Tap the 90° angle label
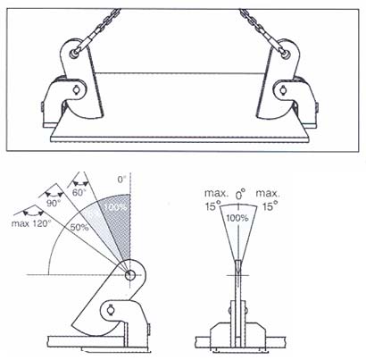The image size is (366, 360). [x=54, y=204]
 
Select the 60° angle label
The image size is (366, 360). [x=79, y=192]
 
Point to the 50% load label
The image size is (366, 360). [x=79, y=228]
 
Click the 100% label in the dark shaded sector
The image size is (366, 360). [x=116, y=207]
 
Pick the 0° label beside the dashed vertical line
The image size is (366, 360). [x=122, y=180]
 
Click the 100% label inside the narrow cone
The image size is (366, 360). [x=237, y=218]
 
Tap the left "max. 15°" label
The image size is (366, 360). [x=216, y=200]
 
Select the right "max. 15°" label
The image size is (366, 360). [x=268, y=200]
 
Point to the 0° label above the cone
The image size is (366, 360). [x=240, y=195]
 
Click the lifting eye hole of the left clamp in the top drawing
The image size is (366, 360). [x=73, y=54]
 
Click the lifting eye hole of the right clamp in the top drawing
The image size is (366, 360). [x=286, y=54]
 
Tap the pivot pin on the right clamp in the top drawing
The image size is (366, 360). [x=282, y=88]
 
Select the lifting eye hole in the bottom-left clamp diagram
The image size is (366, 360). [x=130, y=275]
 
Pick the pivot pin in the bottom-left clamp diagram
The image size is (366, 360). [x=111, y=309]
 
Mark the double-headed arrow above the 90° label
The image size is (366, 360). [x=54, y=194]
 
